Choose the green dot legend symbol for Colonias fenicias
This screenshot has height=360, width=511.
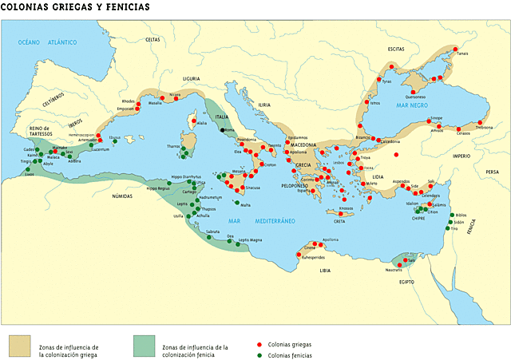tap(259, 352)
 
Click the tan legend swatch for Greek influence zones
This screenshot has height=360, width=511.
tap(19, 345)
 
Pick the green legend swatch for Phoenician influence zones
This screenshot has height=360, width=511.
tap(144, 345)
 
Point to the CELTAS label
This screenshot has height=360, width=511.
tap(153, 39)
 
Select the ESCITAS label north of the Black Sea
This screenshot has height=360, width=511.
tap(396, 49)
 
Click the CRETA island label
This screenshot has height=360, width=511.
tap(339, 221)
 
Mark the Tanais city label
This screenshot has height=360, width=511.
tap(461, 53)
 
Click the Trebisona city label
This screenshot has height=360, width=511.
tap(484, 126)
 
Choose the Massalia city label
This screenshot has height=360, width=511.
tap(156, 103)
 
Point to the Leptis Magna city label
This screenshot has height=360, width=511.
tap(250, 239)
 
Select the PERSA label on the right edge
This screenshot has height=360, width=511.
tap(492, 172)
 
